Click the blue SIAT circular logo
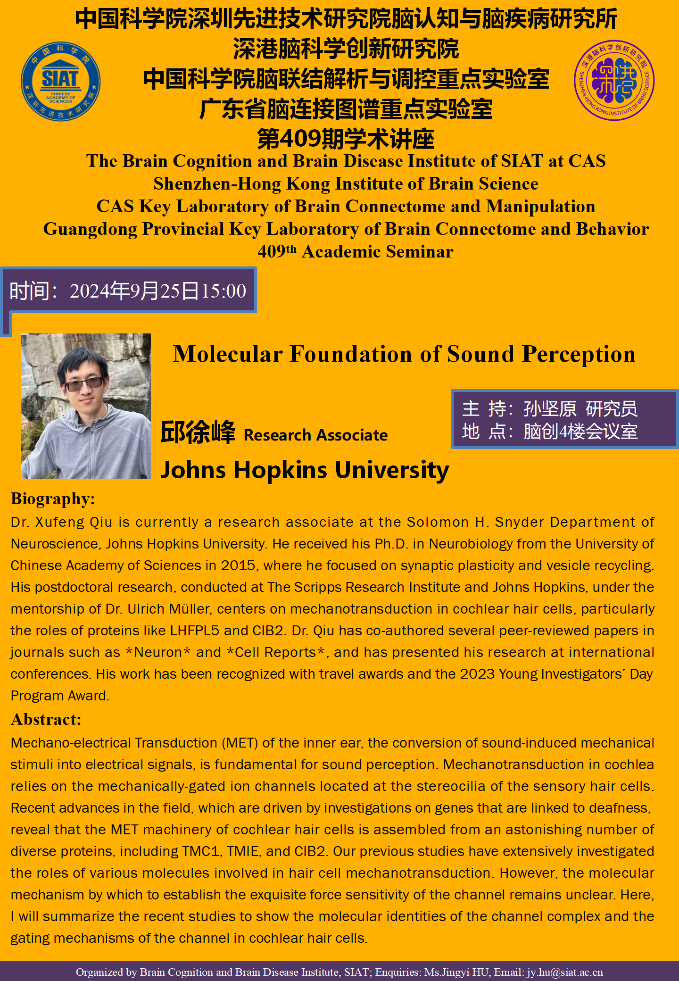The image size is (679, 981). pyautogui.click(x=60, y=81)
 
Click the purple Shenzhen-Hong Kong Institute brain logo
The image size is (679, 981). pyautogui.click(x=614, y=80)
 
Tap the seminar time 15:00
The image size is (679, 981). pyautogui.click(x=224, y=291)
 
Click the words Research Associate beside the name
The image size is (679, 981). pyautogui.click(x=315, y=435)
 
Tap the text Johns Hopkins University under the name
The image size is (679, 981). pyautogui.click(x=305, y=470)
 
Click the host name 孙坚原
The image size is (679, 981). pyautogui.click(x=550, y=408)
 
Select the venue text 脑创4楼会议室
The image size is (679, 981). pyautogui.click(x=580, y=431)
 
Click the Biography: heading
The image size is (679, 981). pyautogui.click(x=53, y=499)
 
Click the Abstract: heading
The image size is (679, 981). pyautogui.click(x=46, y=719)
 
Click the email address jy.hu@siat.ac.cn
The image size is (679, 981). pyautogui.click(x=564, y=972)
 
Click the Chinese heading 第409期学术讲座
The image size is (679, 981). pyautogui.click(x=346, y=139)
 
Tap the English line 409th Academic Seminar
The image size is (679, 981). pyautogui.click(x=355, y=251)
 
